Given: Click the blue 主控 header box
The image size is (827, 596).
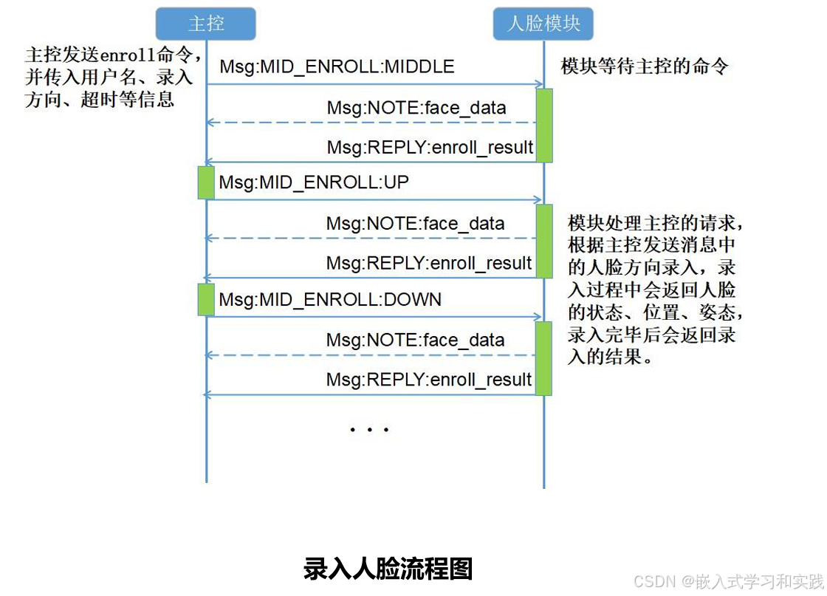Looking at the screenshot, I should coord(206,24).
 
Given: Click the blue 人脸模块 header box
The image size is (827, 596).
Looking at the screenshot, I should coord(543,24).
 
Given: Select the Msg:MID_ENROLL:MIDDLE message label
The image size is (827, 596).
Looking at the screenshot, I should coord(337,67).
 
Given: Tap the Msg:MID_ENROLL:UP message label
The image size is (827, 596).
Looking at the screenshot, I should coord(314,182).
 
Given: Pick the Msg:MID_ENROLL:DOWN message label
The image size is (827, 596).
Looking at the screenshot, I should coord(330,299).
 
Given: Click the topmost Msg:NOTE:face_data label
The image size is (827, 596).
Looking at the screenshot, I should coord(416,109).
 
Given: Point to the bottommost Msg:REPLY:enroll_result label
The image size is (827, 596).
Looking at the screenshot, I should coord(429,380).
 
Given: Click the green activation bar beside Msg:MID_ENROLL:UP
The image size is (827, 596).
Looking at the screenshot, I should coord(206,182).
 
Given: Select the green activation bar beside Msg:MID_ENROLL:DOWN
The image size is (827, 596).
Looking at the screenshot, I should coord(206,300).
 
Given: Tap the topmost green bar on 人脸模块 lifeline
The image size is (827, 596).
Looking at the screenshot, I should coord(544,125).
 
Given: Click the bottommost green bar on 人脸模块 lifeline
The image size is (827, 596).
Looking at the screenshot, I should coord(544,358).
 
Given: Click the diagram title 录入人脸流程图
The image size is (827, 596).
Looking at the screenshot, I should coord(388,569).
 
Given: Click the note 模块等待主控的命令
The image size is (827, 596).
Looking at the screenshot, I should coord(644,67).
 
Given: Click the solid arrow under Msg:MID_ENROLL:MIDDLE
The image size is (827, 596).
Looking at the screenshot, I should coord(374,84).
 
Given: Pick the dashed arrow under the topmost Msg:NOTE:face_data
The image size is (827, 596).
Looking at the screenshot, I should coord(369,123).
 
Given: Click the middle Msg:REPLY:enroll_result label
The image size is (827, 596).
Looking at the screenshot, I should coord(429,263).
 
